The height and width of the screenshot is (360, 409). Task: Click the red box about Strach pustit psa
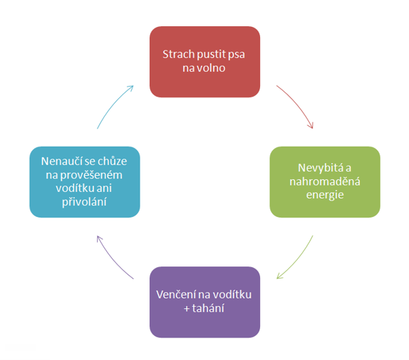point(205,62)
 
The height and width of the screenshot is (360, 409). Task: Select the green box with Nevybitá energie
point(325,182)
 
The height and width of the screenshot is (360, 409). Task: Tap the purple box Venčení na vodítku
point(205,302)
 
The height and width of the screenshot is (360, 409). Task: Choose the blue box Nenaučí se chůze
point(85,182)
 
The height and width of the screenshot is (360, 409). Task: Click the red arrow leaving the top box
point(298,104)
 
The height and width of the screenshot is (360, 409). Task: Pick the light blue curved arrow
point(113,104)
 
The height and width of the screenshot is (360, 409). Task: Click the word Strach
point(179,55)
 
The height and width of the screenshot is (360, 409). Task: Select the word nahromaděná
point(325,181)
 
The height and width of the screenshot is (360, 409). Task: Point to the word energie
point(325,195)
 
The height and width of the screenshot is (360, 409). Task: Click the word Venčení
point(176,295)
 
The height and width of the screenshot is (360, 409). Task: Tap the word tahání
point(208,308)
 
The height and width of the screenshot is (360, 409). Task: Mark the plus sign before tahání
point(186,309)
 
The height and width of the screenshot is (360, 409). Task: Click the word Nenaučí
point(61,161)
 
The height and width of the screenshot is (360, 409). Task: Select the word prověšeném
point(91,175)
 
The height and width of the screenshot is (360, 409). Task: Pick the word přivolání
point(84,202)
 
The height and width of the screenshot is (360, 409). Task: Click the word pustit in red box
point(211,55)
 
